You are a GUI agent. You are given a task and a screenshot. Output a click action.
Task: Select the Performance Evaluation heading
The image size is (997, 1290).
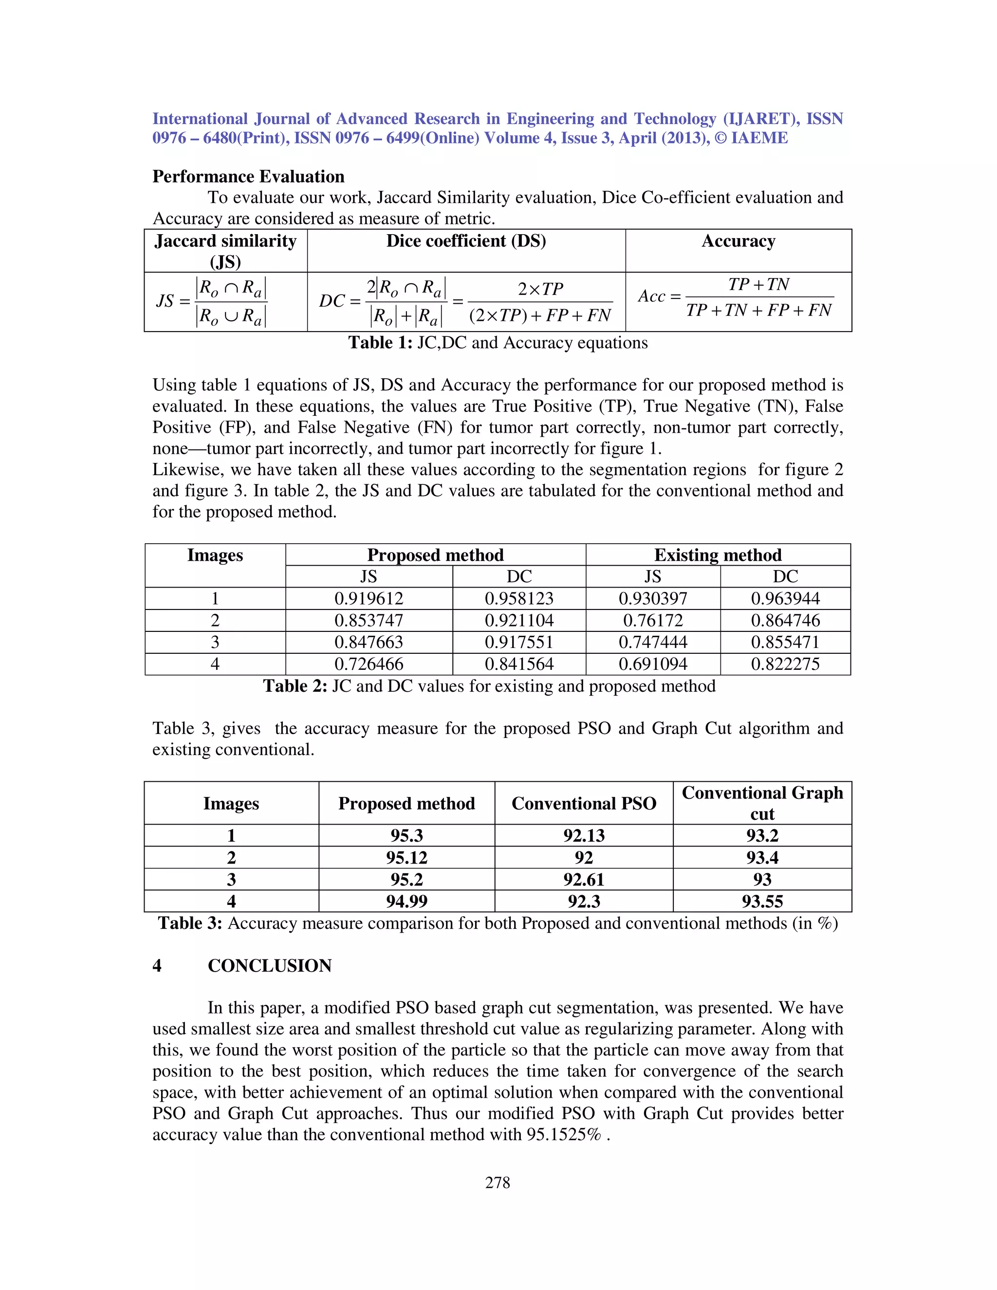(248, 177)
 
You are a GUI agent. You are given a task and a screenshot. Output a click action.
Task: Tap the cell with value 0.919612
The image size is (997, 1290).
(369, 598)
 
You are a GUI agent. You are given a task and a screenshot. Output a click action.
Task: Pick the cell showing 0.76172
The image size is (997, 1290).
(653, 620)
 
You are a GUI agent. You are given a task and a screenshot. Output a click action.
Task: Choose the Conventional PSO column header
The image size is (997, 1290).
(584, 803)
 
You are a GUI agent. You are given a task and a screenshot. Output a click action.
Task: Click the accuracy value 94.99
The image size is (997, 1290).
(406, 902)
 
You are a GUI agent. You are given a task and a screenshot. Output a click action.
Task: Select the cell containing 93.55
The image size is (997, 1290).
(762, 902)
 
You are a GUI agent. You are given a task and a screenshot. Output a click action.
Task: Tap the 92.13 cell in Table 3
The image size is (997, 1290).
(584, 836)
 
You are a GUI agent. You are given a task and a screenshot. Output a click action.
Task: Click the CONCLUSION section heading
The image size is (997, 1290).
(269, 966)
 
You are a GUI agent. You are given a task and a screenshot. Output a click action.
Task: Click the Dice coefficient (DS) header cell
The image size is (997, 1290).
(466, 241)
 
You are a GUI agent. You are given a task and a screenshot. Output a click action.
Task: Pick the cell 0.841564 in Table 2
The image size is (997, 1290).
(518, 664)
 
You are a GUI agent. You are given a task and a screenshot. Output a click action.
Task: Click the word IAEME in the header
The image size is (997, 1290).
(759, 138)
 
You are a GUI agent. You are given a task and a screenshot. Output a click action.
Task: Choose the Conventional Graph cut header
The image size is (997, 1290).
(762, 803)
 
